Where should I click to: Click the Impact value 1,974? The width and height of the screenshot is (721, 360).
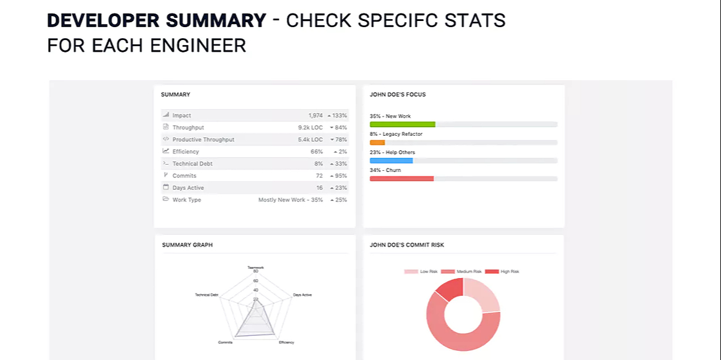pos(316,115)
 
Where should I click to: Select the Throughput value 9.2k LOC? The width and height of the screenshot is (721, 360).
pos(310,128)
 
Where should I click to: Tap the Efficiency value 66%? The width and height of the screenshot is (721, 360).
pos(316,152)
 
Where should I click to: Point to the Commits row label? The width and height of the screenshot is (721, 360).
pos(184,176)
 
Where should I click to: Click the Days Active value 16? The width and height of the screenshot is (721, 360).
pos(319,188)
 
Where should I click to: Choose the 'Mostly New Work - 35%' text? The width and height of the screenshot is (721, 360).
pos(290,200)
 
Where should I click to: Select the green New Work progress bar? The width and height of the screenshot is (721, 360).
pos(402,125)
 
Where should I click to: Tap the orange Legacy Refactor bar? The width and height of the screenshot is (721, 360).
pos(377,142)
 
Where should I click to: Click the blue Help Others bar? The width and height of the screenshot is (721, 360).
pos(391,160)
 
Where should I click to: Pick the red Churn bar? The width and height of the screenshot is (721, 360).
pos(402,179)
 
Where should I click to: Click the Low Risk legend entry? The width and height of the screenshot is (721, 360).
pos(421,271)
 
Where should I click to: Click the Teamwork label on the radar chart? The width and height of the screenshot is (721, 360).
pos(255,268)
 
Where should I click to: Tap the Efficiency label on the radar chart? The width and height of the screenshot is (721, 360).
pos(286,342)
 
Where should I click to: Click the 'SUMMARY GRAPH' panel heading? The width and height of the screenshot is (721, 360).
pos(187,245)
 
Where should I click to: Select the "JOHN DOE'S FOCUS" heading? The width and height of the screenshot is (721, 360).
pos(398,95)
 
